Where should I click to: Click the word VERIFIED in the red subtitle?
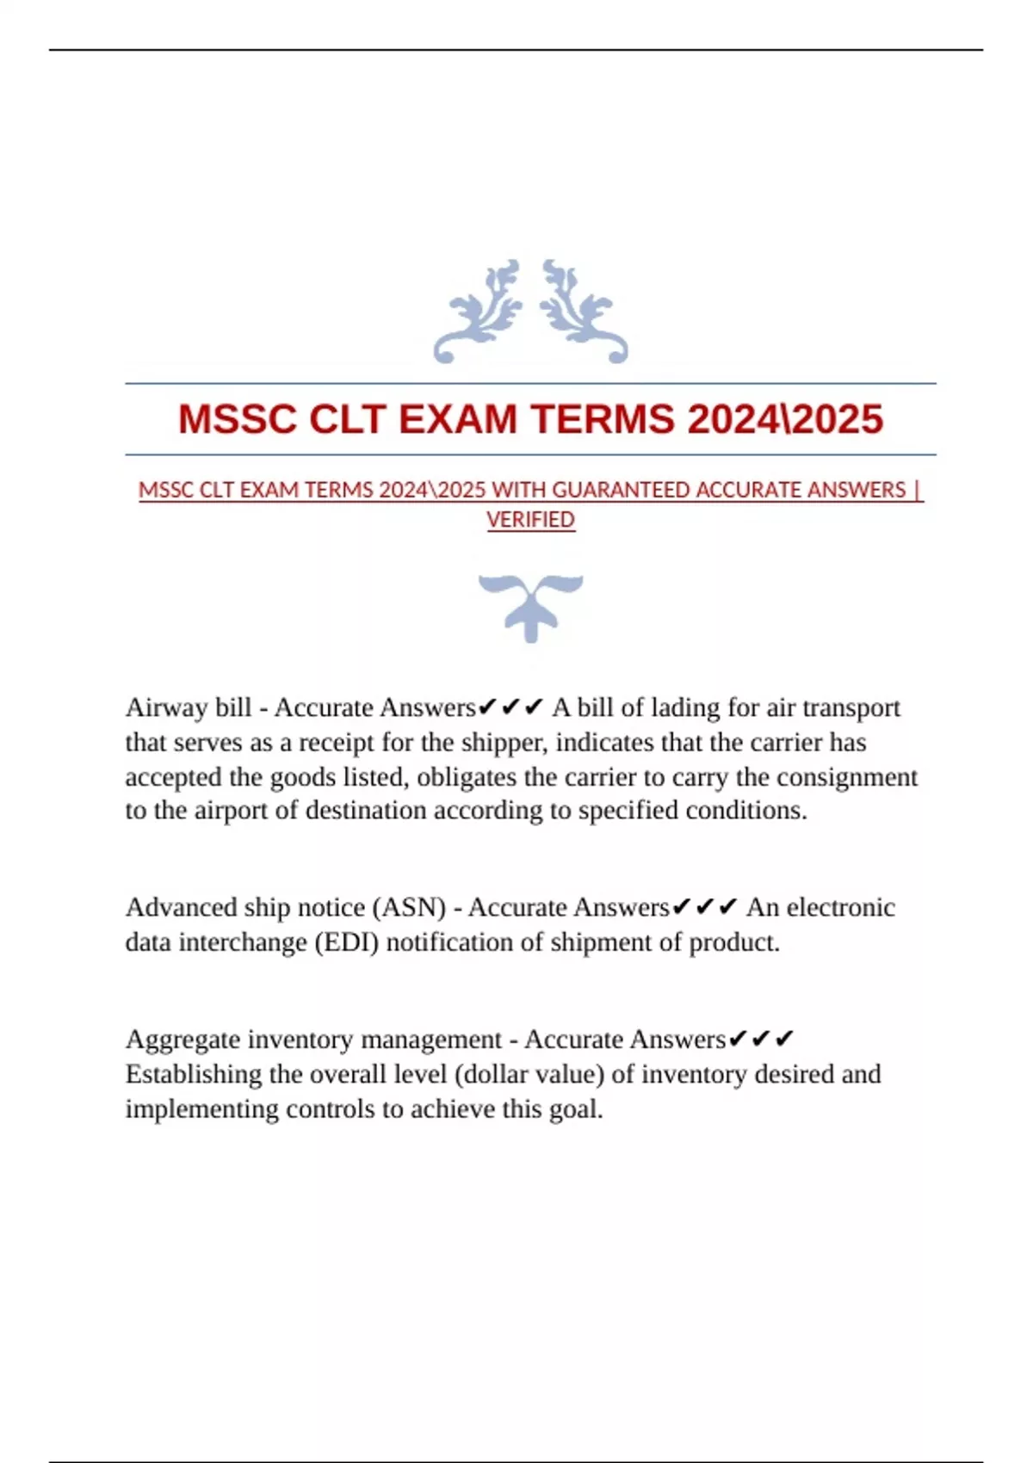[x=530, y=520]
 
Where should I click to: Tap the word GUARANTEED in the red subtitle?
[x=622, y=490]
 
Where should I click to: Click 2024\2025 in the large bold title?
[x=785, y=419]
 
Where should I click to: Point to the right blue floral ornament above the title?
[x=584, y=311]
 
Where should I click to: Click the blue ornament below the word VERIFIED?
[x=530, y=606]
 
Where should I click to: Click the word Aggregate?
[x=182, y=1040]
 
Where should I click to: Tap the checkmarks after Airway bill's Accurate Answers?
[x=510, y=707]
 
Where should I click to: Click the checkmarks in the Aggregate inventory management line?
[x=761, y=1040]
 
